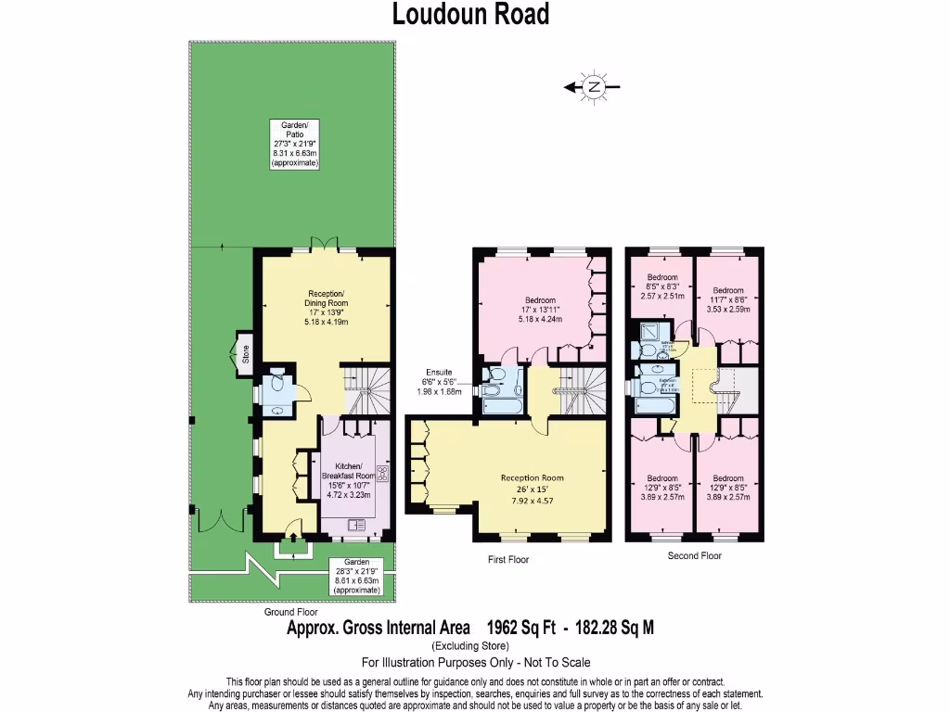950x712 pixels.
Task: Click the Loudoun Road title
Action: tap(470, 15)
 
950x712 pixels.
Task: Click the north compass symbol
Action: tap(594, 87)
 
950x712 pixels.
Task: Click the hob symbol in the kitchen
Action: tap(380, 475)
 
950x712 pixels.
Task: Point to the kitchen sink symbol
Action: tap(356, 526)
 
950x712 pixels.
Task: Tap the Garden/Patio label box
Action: tap(294, 143)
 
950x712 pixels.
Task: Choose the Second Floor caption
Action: tap(694, 556)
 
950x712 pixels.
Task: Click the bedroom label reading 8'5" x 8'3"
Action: tap(662, 286)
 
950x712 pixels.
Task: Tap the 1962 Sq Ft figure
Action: tap(520, 628)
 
